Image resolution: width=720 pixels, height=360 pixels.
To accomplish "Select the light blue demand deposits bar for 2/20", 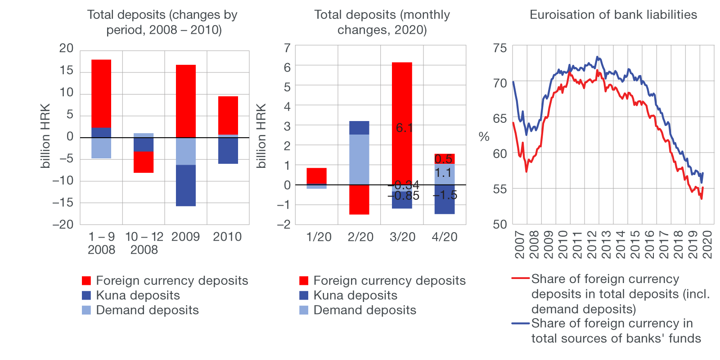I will (x=359, y=159).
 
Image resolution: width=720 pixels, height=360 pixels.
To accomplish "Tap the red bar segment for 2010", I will (x=228, y=115).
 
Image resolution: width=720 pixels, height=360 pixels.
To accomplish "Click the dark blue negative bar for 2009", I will (x=186, y=185).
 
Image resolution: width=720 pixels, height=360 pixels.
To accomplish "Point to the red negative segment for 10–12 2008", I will (x=144, y=162).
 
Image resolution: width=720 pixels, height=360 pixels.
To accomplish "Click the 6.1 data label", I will (x=404, y=128).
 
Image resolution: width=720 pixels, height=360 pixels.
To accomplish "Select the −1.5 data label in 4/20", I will (x=445, y=195).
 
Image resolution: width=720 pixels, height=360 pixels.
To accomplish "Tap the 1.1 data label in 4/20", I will (x=443, y=173).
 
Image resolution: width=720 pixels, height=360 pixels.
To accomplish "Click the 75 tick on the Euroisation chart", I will (x=500, y=48).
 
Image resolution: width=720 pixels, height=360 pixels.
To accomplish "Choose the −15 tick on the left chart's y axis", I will (x=63, y=202).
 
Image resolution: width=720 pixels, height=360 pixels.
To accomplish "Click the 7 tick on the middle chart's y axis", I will (x=287, y=48).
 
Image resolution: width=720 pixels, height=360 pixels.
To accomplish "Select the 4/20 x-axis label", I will (x=445, y=237).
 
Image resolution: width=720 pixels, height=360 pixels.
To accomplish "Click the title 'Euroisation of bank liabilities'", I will (x=613, y=15).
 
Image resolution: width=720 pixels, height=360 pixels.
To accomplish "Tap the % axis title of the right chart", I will (x=484, y=137).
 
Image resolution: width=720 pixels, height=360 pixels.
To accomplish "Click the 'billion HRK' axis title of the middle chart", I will (x=261, y=136).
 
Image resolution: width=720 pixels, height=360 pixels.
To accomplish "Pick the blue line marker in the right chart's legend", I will (x=521, y=323).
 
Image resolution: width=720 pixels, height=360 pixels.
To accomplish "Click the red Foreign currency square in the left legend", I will (x=86, y=281).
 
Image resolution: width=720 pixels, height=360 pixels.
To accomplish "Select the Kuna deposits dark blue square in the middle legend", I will (x=304, y=296).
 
